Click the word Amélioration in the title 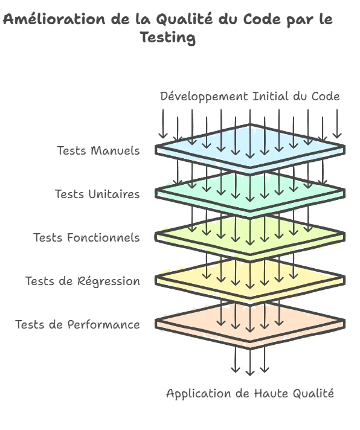pyautogui.click(x=54, y=19)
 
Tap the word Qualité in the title pyautogui.click(x=184, y=20)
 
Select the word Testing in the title pyautogui.click(x=168, y=37)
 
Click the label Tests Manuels pyautogui.click(x=98, y=150)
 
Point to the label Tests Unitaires pyautogui.click(x=97, y=194)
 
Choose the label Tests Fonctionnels pyautogui.click(x=86, y=237)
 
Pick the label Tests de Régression pyautogui.click(x=83, y=281)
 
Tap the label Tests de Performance pyautogui.click(x=77, y=324)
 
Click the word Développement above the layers pyautogui.click(x=204, y=97)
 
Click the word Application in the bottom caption pyautogui.click(x=199, y=394)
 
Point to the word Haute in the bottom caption pyautogui.click(x=271, y=394)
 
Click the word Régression pyautogui.click(x=109, y=281)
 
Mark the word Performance pyautogui.click(x=104, y=324)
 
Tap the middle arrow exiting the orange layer pyautogui.click(x=250, y=361)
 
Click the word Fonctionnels pyautogui.click(x=103, y=237)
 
